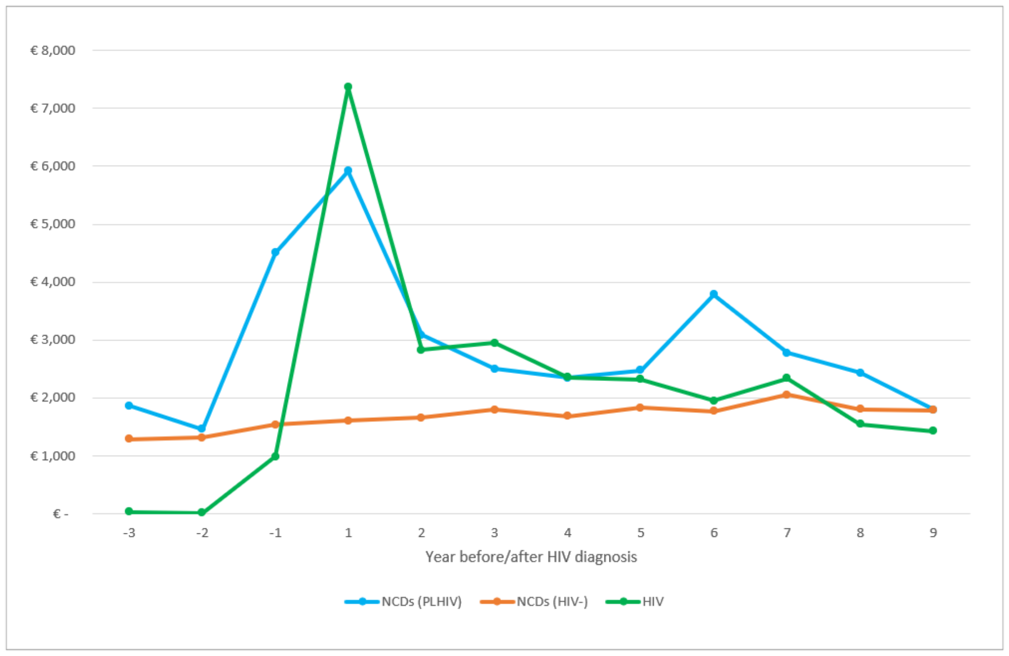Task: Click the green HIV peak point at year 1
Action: click(x=348, y=87)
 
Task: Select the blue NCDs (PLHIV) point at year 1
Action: click(x=348, y=171)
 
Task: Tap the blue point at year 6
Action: click(x=713, y=294)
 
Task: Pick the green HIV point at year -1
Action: click(x=275, y=456)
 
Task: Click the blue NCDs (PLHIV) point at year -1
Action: click(x=275, y=252)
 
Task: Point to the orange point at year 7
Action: click(x=787, y=395)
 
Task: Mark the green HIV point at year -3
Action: click(x=129, y=511)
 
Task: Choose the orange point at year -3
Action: click(x=129, y=439)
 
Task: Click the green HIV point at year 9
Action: click(x=933, y=430)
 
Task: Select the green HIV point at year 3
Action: click(x=494, y=343)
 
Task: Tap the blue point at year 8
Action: click(x=860, y=373)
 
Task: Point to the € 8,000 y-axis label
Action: click(x=53, y=50)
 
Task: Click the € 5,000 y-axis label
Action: click(x=53, y=224)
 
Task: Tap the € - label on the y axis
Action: click(x=61, y=514)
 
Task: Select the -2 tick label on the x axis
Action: click(x=202, y=533)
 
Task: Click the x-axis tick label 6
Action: click(x=714, y=533)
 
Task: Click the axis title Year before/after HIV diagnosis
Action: click(x=531, y=557)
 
